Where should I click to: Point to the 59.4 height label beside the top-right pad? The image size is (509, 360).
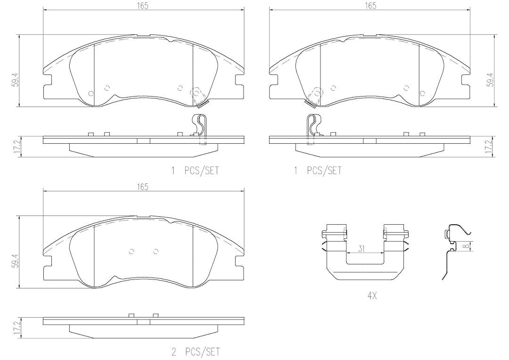coord(490,80)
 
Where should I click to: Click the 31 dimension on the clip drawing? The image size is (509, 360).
coord(362,249)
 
